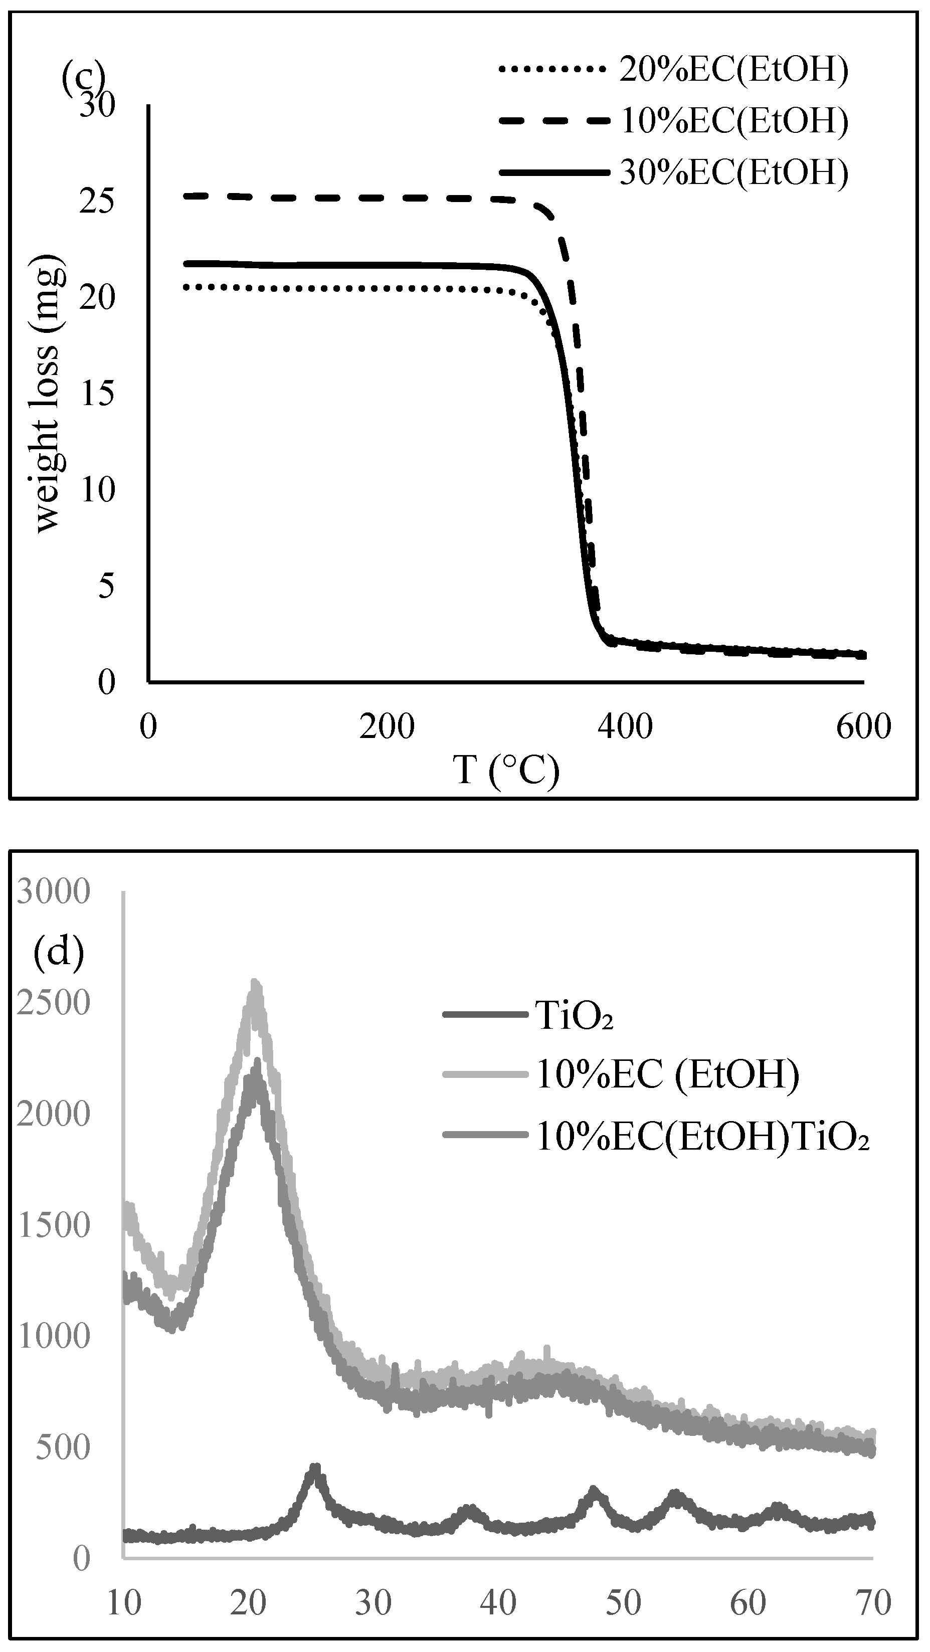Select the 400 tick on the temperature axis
(625, 727)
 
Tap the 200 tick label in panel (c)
(387, 727)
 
